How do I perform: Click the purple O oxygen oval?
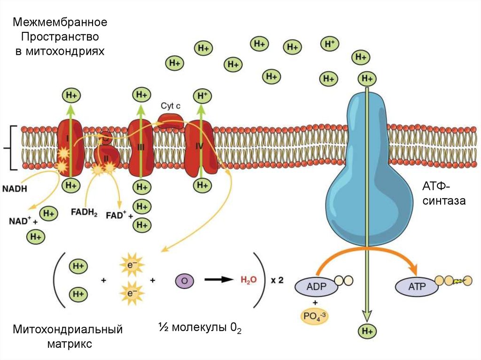(x=184, y=281)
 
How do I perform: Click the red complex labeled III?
(x=141, y=147)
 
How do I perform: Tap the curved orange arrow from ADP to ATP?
(x=366, y=254)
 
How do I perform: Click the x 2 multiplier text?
(x=277, y=281)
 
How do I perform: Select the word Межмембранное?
(x=60, y=22)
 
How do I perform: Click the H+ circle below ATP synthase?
(x=367, y=331)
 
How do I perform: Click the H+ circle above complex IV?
(x=202, y=96)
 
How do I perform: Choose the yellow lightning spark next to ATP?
(x=459, y=282)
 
